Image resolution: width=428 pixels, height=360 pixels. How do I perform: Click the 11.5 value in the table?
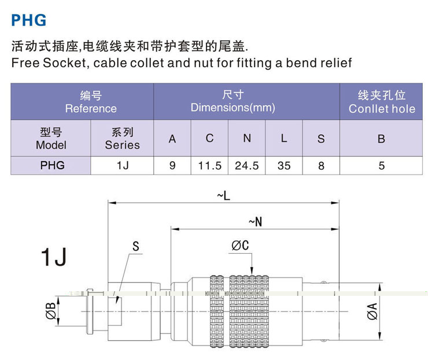tap(209, 166)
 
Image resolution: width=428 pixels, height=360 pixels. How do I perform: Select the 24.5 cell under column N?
tap(247, 166)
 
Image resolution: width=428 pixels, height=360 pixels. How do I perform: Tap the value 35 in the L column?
tap(284, 166)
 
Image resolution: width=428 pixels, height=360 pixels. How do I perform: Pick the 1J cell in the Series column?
tap(122, 166)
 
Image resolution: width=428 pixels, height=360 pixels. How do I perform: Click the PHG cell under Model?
tap(51, 166)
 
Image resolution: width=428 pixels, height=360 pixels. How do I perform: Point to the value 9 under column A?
tap(172, 166)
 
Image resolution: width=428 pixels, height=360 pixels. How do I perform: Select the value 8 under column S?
tap(321, 166)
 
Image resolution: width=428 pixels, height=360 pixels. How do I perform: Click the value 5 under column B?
tap(382, 166)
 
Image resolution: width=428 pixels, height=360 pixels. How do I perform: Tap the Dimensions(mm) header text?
tap(233, 108)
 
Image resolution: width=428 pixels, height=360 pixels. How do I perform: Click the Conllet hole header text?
tap(382, 109)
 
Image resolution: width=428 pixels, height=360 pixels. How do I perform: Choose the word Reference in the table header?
tap(91, 109)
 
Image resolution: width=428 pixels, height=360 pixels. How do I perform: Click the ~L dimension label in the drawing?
tap(223, 196)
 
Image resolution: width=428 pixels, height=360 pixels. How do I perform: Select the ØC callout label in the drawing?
tap(240, 246)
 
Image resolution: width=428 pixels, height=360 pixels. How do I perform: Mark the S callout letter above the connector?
tap(136, 247)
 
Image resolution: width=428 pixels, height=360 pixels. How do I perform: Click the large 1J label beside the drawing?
tap(54, 257)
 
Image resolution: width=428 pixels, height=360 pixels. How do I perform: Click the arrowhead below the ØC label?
tap(252, 270)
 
